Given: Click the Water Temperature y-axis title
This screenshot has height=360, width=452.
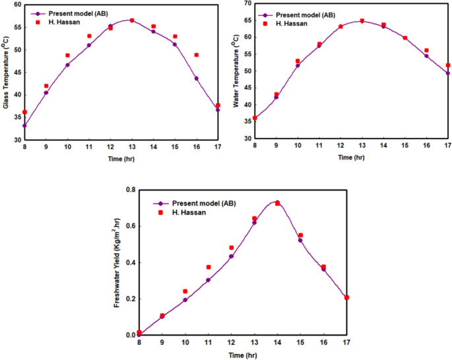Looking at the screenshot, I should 236,71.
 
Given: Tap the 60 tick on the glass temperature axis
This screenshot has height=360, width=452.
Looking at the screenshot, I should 16,5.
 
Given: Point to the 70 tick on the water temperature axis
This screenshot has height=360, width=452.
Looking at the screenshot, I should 246,3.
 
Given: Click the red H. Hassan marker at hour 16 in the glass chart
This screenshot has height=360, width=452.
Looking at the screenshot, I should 197,55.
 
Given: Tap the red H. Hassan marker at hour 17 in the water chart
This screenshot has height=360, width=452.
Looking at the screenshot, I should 448,65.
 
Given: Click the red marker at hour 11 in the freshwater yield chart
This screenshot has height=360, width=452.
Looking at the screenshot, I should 209,267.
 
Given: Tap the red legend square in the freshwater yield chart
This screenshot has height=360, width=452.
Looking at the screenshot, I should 158,214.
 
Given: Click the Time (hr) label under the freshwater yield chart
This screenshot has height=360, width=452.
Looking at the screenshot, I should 242,355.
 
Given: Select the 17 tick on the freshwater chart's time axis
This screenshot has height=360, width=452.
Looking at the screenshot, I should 346,343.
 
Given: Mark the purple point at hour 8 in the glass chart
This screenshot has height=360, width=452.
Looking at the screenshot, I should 24,125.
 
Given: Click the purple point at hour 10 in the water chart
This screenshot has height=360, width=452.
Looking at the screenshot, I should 298,65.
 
